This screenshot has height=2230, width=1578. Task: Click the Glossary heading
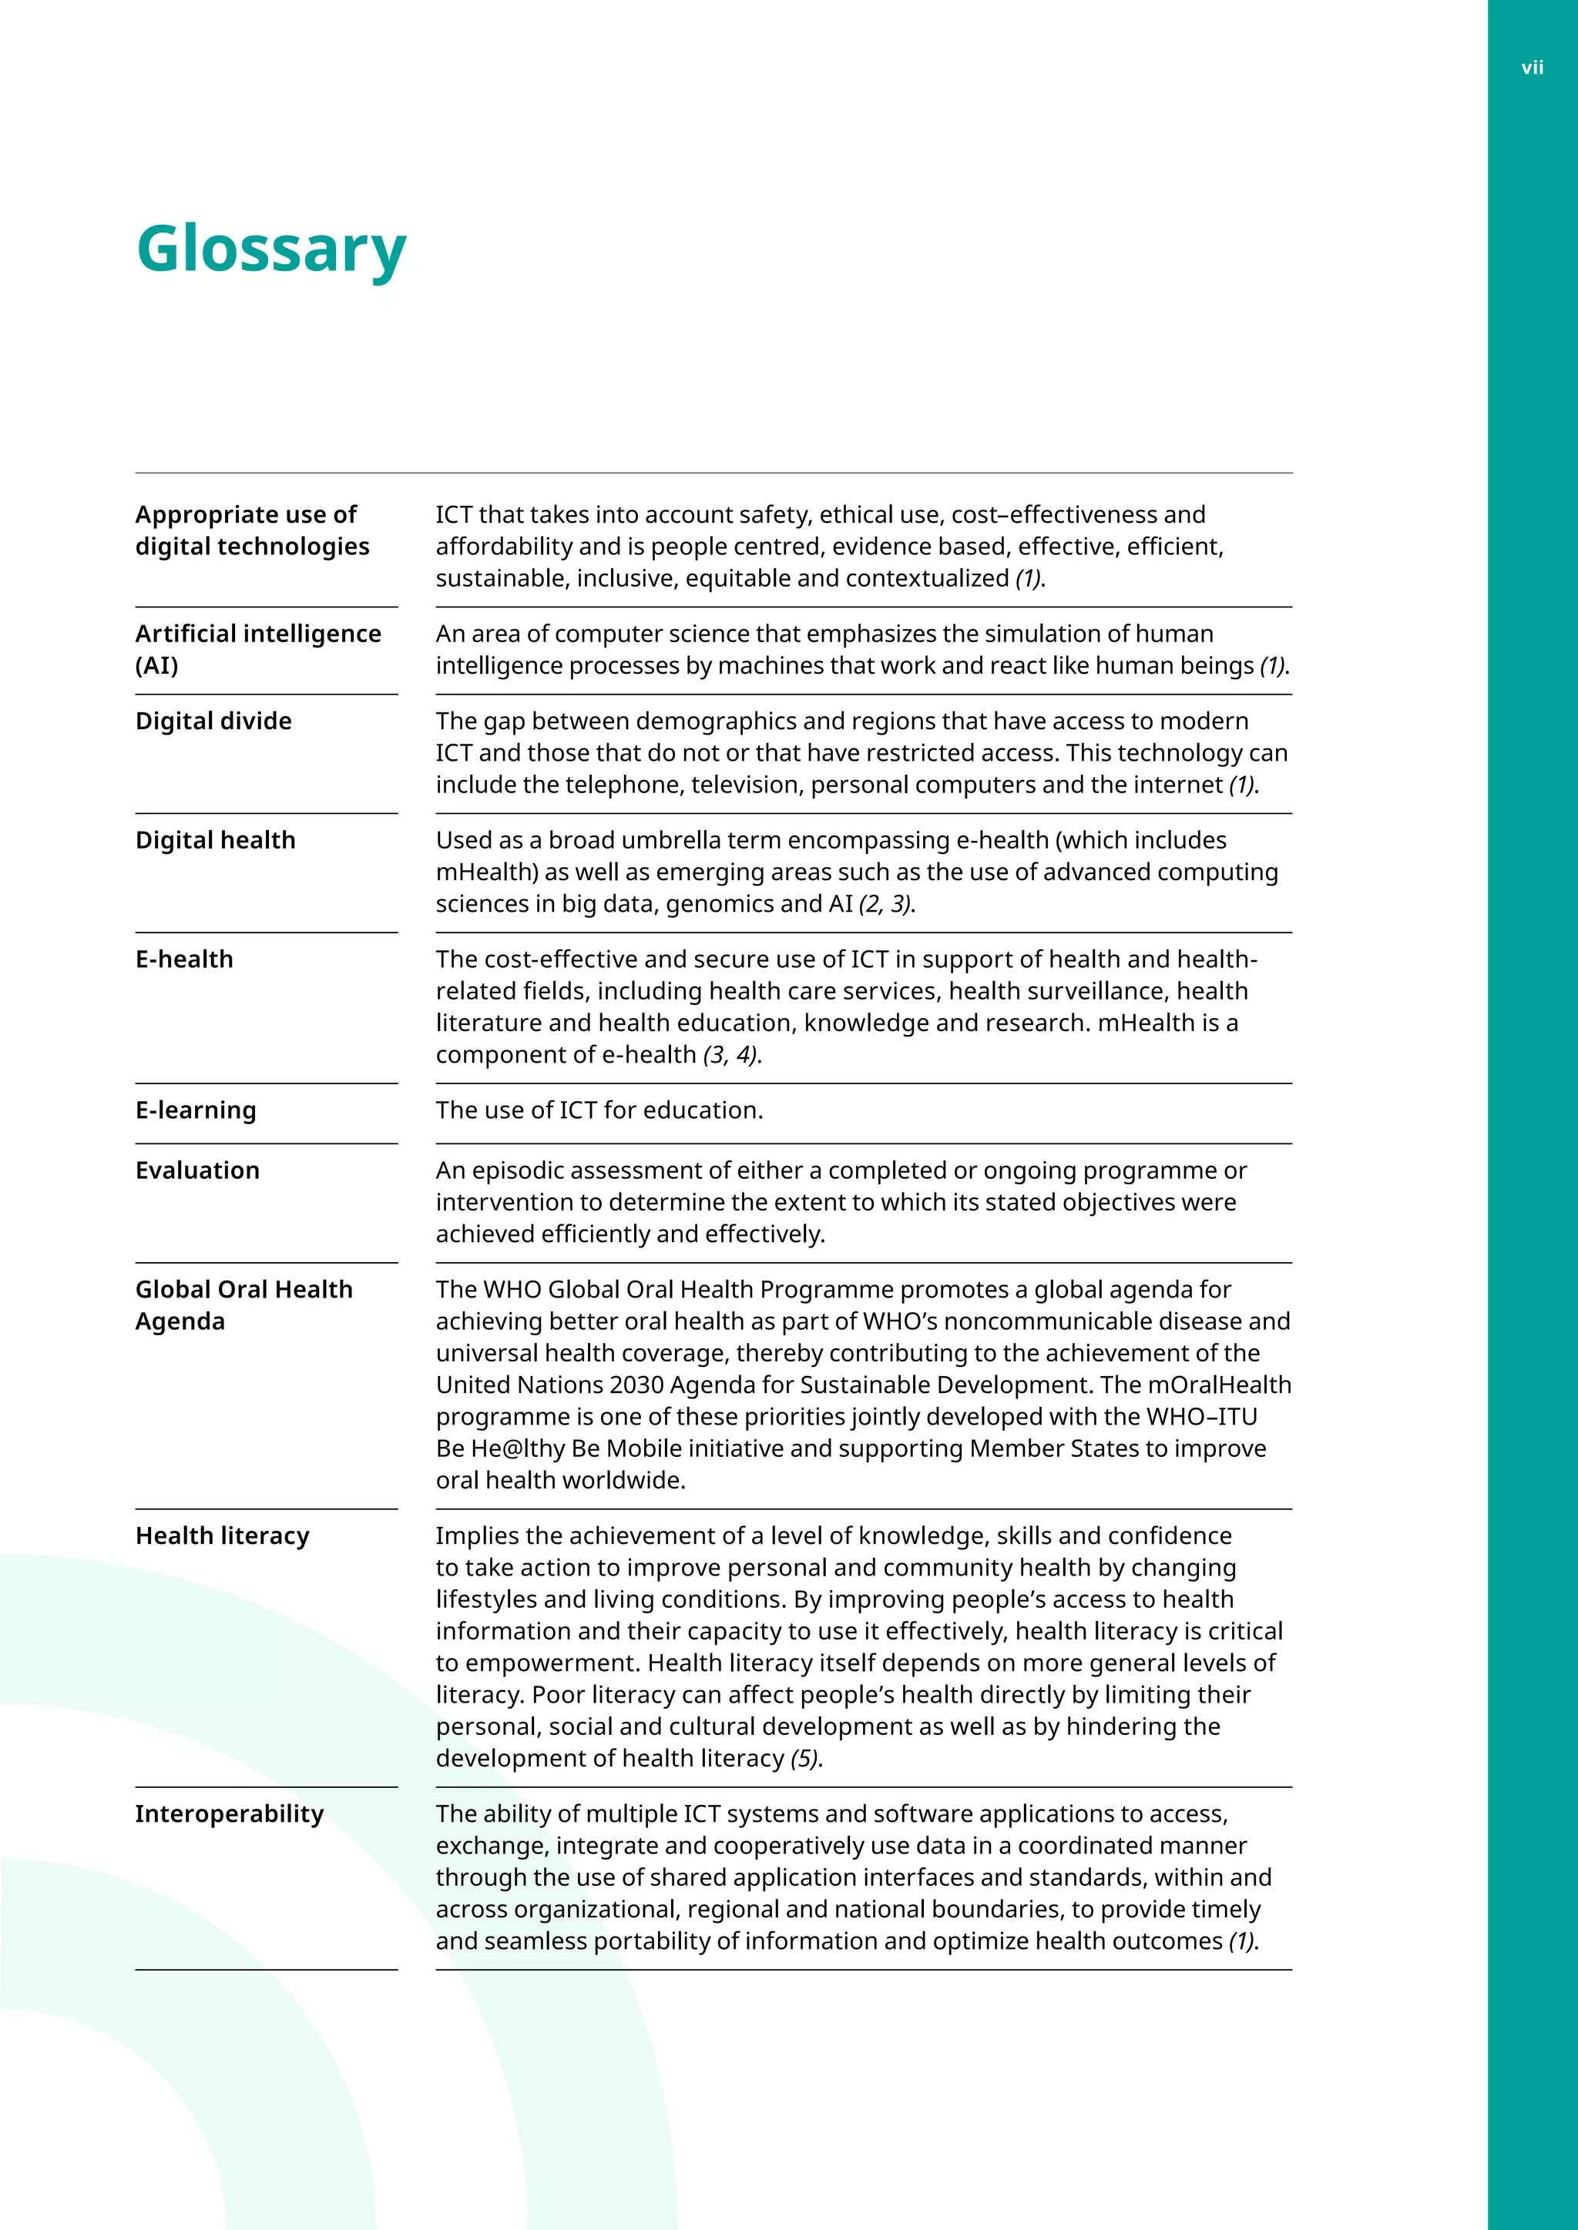271,249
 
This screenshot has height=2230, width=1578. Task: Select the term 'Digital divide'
213,722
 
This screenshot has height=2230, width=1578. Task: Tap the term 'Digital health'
216,841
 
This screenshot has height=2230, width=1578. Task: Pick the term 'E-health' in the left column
185,959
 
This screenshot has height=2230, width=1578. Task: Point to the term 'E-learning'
196,1110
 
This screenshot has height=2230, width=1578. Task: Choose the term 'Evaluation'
198,1170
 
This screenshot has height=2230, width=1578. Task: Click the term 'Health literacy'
223,1535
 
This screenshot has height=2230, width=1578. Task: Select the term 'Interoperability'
230,1813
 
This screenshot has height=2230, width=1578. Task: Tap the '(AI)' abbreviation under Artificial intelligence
157,666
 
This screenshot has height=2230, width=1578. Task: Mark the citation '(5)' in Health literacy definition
804,1758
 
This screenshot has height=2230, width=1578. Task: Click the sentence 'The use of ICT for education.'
599,1110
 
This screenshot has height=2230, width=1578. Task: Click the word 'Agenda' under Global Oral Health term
181,1322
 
